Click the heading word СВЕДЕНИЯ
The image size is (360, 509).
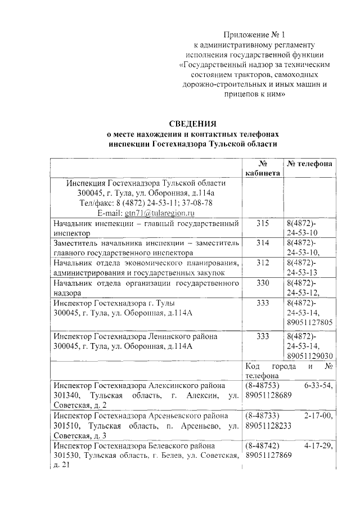(x=192, y=124)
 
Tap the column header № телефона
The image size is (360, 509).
(x=309, y=163)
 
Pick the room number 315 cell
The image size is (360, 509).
(x=262, y=223)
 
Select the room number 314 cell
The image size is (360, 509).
(x=262, y=243)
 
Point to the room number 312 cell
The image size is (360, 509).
(x=262, y=263)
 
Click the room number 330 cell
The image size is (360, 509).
(x=262, y=282)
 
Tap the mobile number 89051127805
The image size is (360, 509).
(x=310, y=322)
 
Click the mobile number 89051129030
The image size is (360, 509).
(x=310, y=356)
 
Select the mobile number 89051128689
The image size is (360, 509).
(x=268, y=396)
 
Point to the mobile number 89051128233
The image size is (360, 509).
(x=268, y=426)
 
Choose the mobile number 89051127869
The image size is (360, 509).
(x=268, y=456)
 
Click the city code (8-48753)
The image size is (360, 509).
(x=264, y=386)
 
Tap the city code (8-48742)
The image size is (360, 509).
(x=264, y=445)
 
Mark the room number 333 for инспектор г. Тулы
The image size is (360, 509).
(x=262, y=303)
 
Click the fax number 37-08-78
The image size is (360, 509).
(x=197, y=203)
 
